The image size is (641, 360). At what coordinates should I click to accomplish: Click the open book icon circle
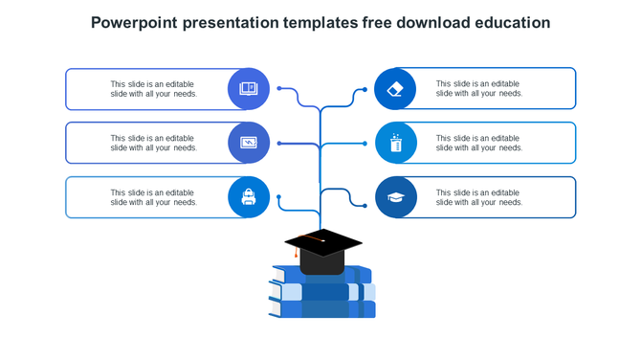tap(249, 88)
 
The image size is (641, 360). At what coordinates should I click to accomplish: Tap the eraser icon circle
tap(396, 88)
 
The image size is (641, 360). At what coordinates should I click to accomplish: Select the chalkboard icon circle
tap(249, 143)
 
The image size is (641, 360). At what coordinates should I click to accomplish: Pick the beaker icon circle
tap(396, 143)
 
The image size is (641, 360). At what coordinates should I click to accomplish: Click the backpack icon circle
tap(249, 197)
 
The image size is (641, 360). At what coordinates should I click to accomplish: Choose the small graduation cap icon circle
tap(396, 197)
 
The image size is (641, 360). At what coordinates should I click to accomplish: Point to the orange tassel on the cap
tap(297, 255)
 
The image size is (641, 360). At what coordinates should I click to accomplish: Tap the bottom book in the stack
tap(322, 309)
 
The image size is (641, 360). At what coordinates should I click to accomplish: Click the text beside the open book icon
tap(153, 89)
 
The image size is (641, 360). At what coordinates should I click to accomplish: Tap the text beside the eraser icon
tap(479, 89)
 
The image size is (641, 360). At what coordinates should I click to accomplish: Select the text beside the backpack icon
tap(153, 198)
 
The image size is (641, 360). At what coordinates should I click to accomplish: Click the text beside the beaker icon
tap(479, 144)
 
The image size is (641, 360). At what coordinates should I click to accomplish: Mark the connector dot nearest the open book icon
tap(279, 88)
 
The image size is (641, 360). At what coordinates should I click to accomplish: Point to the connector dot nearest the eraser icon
tap(365, 89)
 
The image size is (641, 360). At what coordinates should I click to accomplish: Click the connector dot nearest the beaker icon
tap(365, 144)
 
